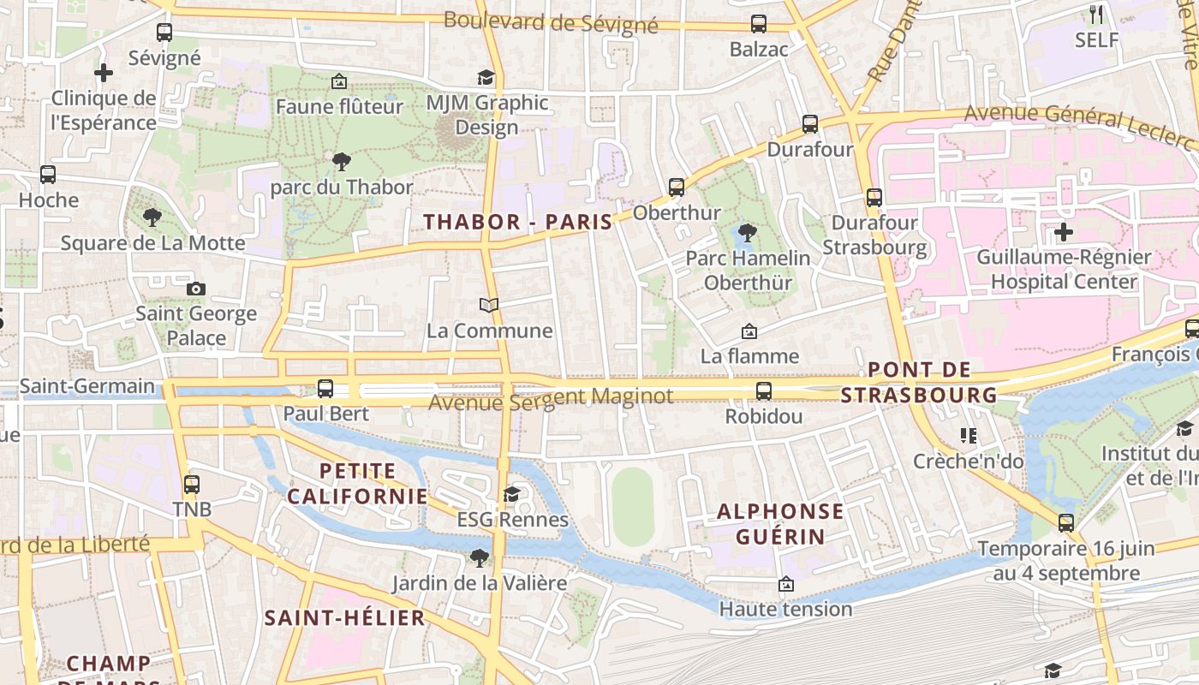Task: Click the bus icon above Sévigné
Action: (x=164, y=33)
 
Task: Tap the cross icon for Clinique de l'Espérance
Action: (x=104, y=73)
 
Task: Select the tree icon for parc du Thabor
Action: (x=342, y=161)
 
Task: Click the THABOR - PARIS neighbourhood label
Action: (x=518, y=223)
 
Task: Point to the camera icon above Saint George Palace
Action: (x=196, y=289)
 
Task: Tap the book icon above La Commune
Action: (x=489, y=305)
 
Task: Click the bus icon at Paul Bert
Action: (x=325, y=389)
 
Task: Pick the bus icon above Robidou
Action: (x=764, y=391)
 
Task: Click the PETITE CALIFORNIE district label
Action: (x=357, y=484)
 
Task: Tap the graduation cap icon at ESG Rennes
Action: (x=512, y=494)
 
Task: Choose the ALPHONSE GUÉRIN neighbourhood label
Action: (x=780, y=524)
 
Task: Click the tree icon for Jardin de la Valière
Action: (x=479, y=558)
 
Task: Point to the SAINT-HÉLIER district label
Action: (x=344, y=618)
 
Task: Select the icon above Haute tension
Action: (x=785, y=584)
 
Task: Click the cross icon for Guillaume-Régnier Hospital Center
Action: (x=1064, y=231)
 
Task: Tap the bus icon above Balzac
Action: (x=759, y=24)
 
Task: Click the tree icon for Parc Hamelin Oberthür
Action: (x=748, y=232)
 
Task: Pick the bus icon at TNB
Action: (x=192, y=485)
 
